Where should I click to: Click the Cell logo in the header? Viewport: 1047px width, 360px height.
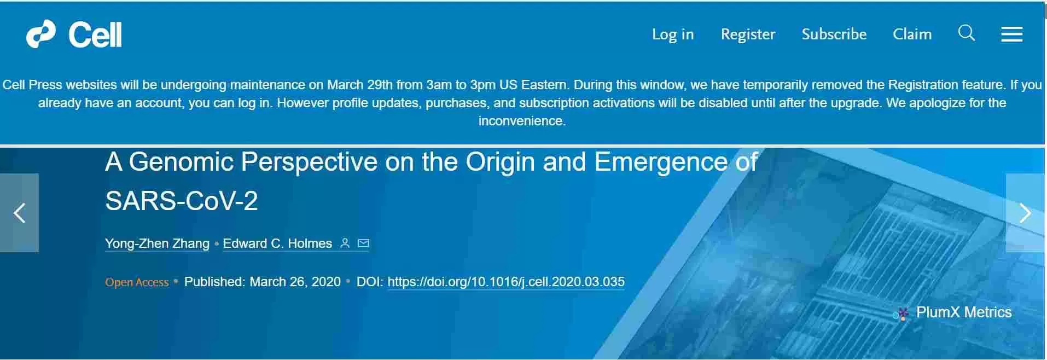coord(74,34)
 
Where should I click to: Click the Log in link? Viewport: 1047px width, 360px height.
coord(673,34)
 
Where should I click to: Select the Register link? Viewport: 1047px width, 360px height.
coord(748,34)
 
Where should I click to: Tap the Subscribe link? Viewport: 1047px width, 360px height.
coord(834,34)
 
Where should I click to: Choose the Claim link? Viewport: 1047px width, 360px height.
coord(912,34)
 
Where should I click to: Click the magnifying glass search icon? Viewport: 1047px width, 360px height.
coord(967,33)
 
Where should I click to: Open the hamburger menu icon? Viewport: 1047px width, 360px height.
coord(1011,34)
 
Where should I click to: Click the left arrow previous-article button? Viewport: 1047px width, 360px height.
coord(19,213)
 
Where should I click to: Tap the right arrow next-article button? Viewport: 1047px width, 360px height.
coord(1025,213)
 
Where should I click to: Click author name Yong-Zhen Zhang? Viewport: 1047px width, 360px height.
coord(157,243)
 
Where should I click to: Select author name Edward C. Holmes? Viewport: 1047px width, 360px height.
coord(277,243)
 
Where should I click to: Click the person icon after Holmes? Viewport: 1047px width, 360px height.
coord(345,243)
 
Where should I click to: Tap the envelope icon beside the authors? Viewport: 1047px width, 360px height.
coord(363,243)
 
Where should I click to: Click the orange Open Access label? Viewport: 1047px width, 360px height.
coord(137,282)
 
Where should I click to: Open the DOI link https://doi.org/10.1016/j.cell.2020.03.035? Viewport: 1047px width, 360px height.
coord(506,282)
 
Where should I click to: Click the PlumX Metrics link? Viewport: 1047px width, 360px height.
coord(952,313)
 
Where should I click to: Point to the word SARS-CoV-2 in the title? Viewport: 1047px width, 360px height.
coord(181,201)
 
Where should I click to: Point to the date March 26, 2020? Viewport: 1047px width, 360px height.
coord(295,282)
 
